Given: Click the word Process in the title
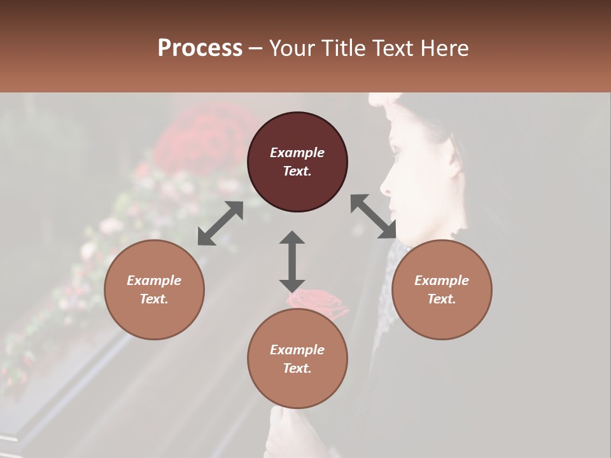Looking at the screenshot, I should [x=200, y=48].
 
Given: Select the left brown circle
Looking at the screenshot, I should [x=154, y=289].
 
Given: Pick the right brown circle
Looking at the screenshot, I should [x=442, y=289].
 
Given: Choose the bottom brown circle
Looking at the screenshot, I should [x=297, y=359].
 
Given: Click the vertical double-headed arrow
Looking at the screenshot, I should [x=292, y=261].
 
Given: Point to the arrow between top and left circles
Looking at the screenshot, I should [x=220, y=223].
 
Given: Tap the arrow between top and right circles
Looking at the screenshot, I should [x=373, y=216].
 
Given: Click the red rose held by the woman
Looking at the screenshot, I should [x=318, y=302].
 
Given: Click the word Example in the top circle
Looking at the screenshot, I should [x=297, y=153].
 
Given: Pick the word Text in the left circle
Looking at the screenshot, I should [x=154, y=299].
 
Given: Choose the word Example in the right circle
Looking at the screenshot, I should [x=442, y=281].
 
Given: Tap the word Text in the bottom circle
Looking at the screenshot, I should [x=297, y=368].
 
